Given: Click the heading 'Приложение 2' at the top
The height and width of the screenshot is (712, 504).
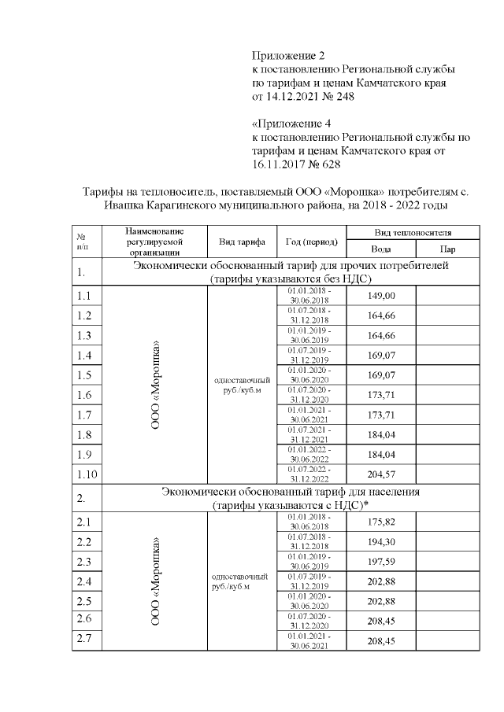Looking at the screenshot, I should pos(288,55).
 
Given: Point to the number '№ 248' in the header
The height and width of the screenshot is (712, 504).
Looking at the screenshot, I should pos(336,98).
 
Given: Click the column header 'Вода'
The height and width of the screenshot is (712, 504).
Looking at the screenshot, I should pos(380,249).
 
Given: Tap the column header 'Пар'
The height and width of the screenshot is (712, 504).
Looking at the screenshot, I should pos(448,249).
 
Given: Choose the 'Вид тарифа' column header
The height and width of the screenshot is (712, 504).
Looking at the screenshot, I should pos(241,242).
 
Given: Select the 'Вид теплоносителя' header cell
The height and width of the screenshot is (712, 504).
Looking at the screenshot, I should pos(413,234).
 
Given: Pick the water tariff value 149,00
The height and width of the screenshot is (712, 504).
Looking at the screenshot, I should pos(381,296).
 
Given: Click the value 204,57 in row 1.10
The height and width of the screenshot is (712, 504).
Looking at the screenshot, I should pos(381,474).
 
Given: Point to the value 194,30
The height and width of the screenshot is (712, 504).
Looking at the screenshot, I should pos(381,543).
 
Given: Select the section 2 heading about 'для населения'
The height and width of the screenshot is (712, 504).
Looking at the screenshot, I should pos(291,499).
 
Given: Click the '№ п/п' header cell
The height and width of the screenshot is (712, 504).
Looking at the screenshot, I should pos(81,242).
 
